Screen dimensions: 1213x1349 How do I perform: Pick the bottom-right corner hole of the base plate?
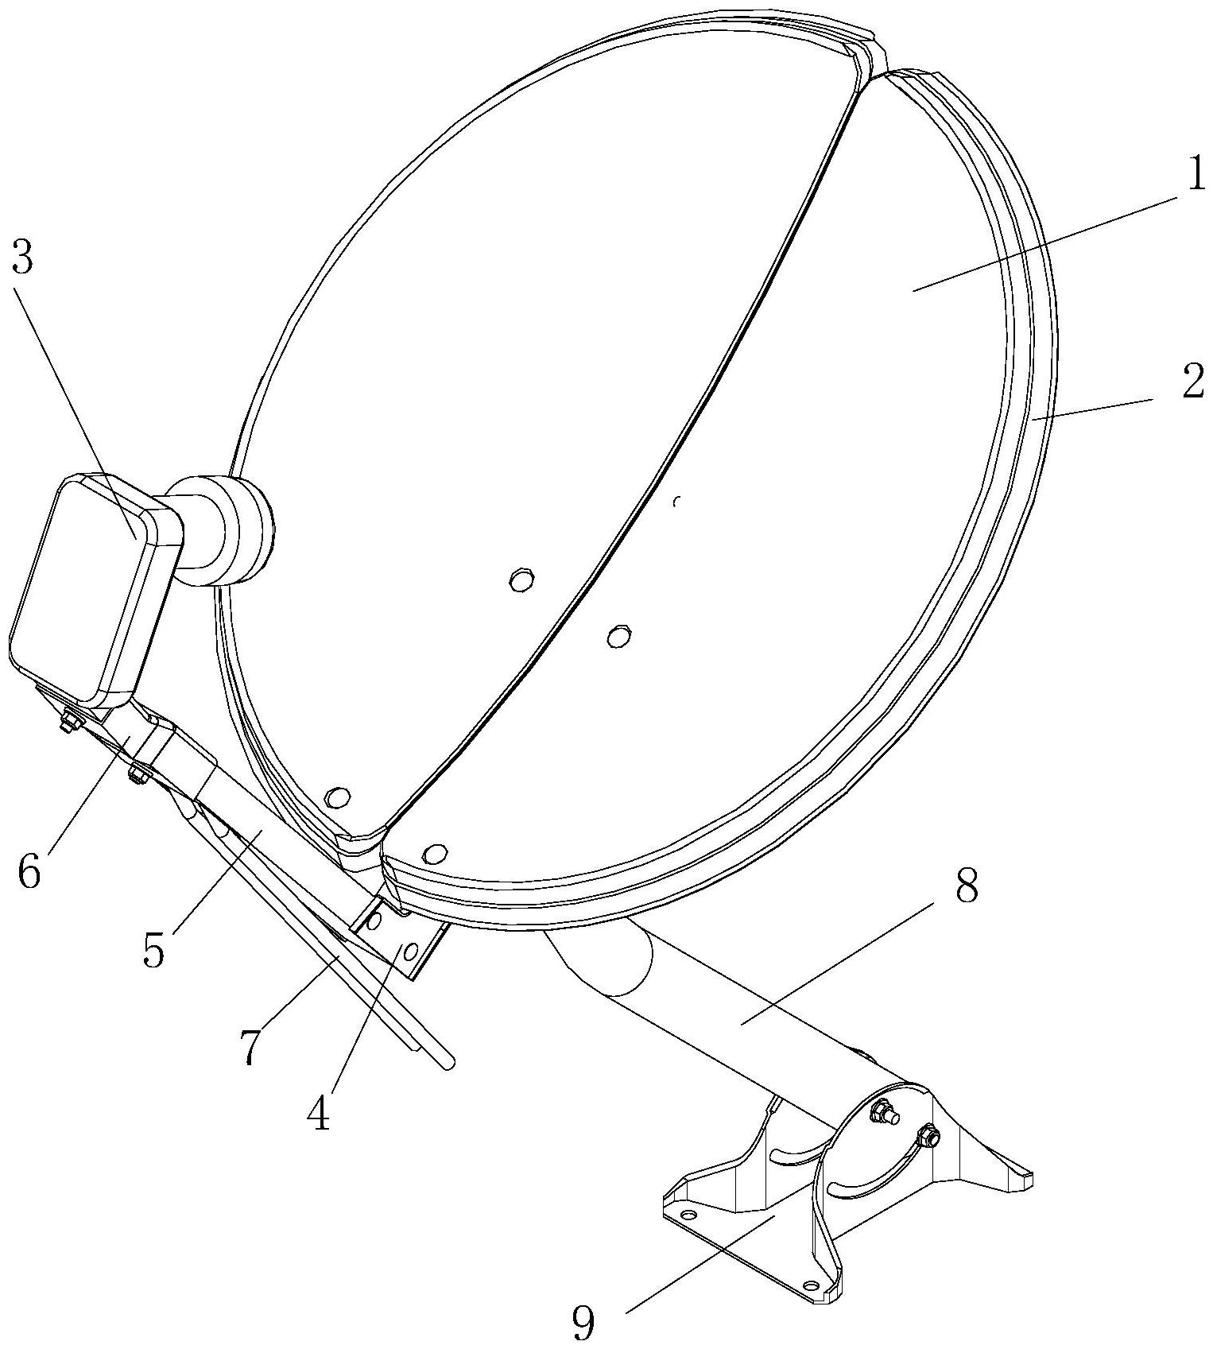tap(811, 1285)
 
